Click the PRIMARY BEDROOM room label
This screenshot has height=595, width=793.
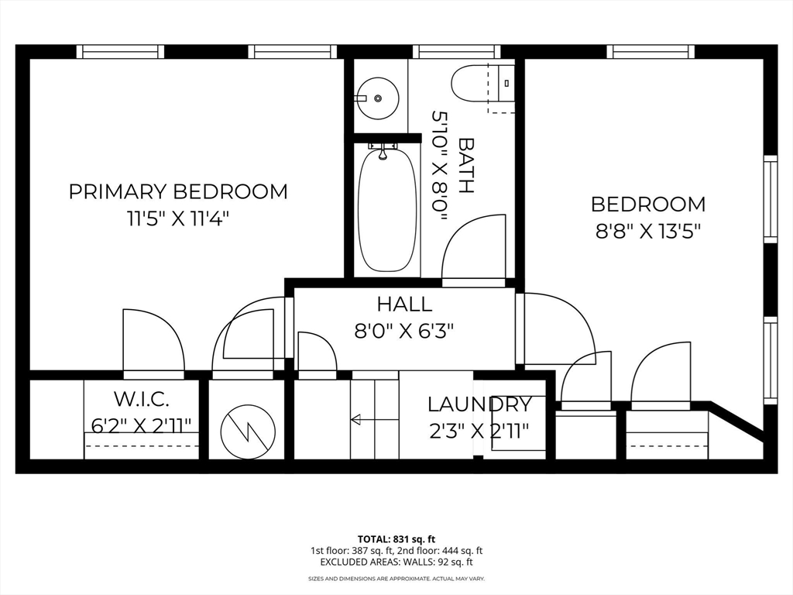point(178,192)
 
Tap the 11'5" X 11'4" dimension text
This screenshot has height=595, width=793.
point(178,219)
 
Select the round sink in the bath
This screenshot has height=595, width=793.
point(377,98)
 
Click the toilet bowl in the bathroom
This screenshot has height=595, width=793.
point(469,82)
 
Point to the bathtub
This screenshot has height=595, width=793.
point(388,209)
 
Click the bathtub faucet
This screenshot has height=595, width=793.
point(383,151)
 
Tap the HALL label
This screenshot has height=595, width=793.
point(404,304)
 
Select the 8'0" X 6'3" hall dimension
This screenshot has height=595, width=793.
point(404,332)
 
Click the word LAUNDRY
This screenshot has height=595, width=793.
point(480,404)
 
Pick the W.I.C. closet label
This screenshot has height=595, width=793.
point(141,399)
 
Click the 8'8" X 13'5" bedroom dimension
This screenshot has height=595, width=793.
point(648,232)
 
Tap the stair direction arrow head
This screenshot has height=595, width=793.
point(355,419)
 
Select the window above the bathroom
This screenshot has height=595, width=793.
point(457,52)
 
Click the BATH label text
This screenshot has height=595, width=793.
point(465,166)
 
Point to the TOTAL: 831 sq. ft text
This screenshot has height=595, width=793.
point(396,539)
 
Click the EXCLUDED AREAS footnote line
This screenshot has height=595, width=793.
point(396,562)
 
